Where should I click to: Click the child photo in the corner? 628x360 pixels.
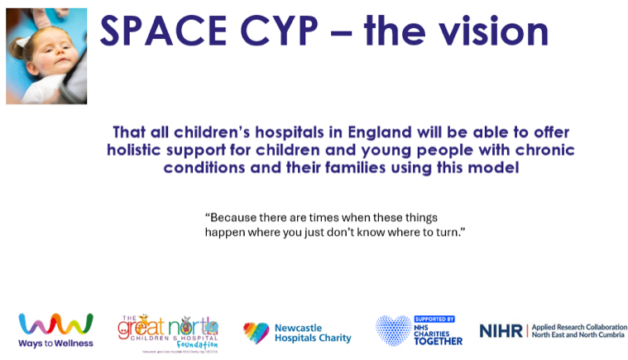(46, 56)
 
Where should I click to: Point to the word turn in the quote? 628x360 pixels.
(447, 233)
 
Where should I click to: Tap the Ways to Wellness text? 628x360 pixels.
(55, 343)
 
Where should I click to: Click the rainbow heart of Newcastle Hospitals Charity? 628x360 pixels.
(256, 333)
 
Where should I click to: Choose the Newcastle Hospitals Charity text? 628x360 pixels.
(313, 333)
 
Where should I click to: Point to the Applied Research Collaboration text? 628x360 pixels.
(579, 328)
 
